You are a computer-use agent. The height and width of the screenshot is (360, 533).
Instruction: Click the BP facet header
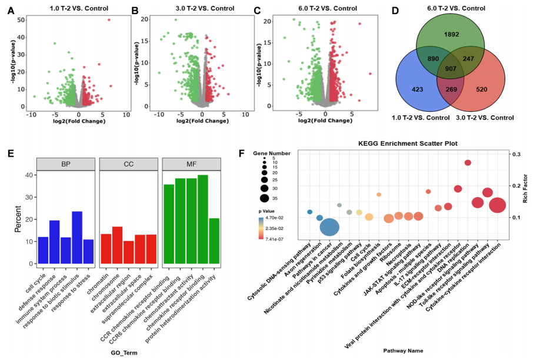[x=65, y=164]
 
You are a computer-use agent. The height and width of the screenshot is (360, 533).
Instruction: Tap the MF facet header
[x=191, y=164]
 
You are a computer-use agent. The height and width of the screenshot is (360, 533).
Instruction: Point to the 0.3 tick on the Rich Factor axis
[x=515, y=154]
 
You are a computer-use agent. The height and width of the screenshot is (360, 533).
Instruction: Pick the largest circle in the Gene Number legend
[x=264, y=198]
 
